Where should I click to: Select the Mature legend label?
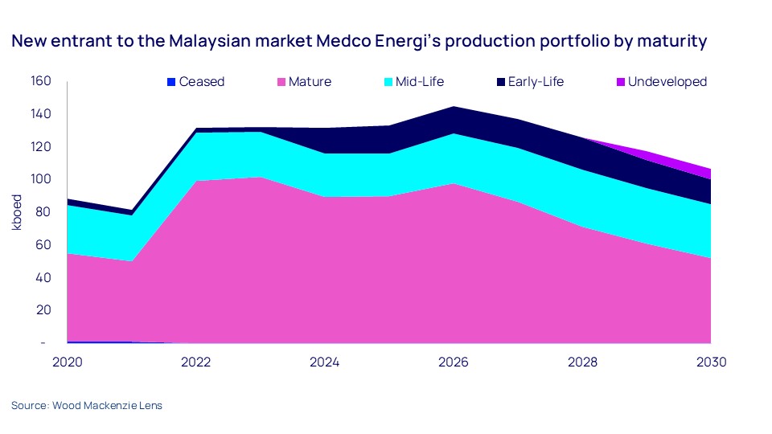click(304, 81)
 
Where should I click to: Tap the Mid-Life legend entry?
click(418, 81)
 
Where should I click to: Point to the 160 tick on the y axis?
click(41, 81)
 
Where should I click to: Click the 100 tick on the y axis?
click(41, 179)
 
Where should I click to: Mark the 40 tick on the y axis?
click(43, 277)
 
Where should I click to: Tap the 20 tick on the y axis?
click(43, 310)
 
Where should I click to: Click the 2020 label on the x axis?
click(68, 362)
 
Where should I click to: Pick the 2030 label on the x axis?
click(712, 362)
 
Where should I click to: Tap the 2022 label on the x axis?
click(196, 362)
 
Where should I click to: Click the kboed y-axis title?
click(17, 212)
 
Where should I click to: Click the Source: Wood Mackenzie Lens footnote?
click(87, 406)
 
